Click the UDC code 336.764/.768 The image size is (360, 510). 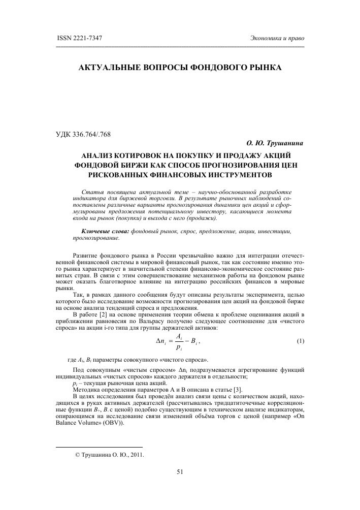tap(96, 134)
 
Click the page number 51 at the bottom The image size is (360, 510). tap(180, 471)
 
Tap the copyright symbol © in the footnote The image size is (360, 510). tap(77, 455)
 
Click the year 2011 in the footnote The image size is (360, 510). tap(135, 455)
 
